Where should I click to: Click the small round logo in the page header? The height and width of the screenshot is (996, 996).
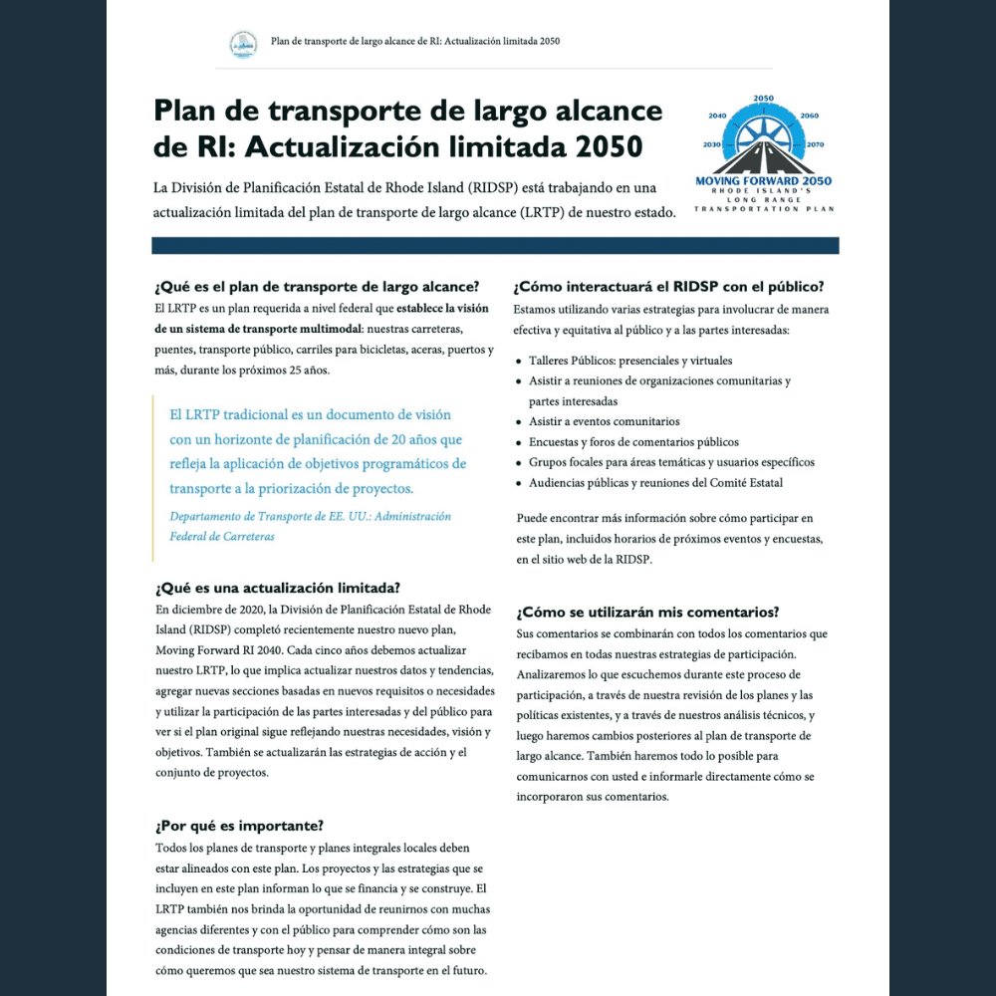point(244,43)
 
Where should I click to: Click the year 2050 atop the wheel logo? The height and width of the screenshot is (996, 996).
point(764,99)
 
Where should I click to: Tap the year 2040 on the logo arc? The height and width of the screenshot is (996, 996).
point(717,116)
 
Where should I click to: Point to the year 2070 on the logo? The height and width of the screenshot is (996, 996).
point(815,144)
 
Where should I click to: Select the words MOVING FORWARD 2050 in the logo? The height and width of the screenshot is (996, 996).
point(765,181)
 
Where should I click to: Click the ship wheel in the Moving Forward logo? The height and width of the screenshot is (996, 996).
point(764,134)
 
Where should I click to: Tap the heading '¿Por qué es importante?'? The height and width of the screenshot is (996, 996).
point(239,826)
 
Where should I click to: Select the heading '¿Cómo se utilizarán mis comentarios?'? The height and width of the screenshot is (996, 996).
point(647,612)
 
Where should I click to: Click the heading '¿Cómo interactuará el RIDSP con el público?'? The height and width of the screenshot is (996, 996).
point(668,287)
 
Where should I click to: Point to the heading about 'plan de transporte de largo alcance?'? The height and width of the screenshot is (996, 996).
point(317,287)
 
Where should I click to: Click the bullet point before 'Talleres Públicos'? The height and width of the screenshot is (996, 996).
point(519,362)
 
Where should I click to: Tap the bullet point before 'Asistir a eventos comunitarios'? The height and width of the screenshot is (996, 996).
point(519,422)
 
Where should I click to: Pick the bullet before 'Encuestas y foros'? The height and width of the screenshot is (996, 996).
point(519,442)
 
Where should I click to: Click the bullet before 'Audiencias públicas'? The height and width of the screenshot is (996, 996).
point(519,483)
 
